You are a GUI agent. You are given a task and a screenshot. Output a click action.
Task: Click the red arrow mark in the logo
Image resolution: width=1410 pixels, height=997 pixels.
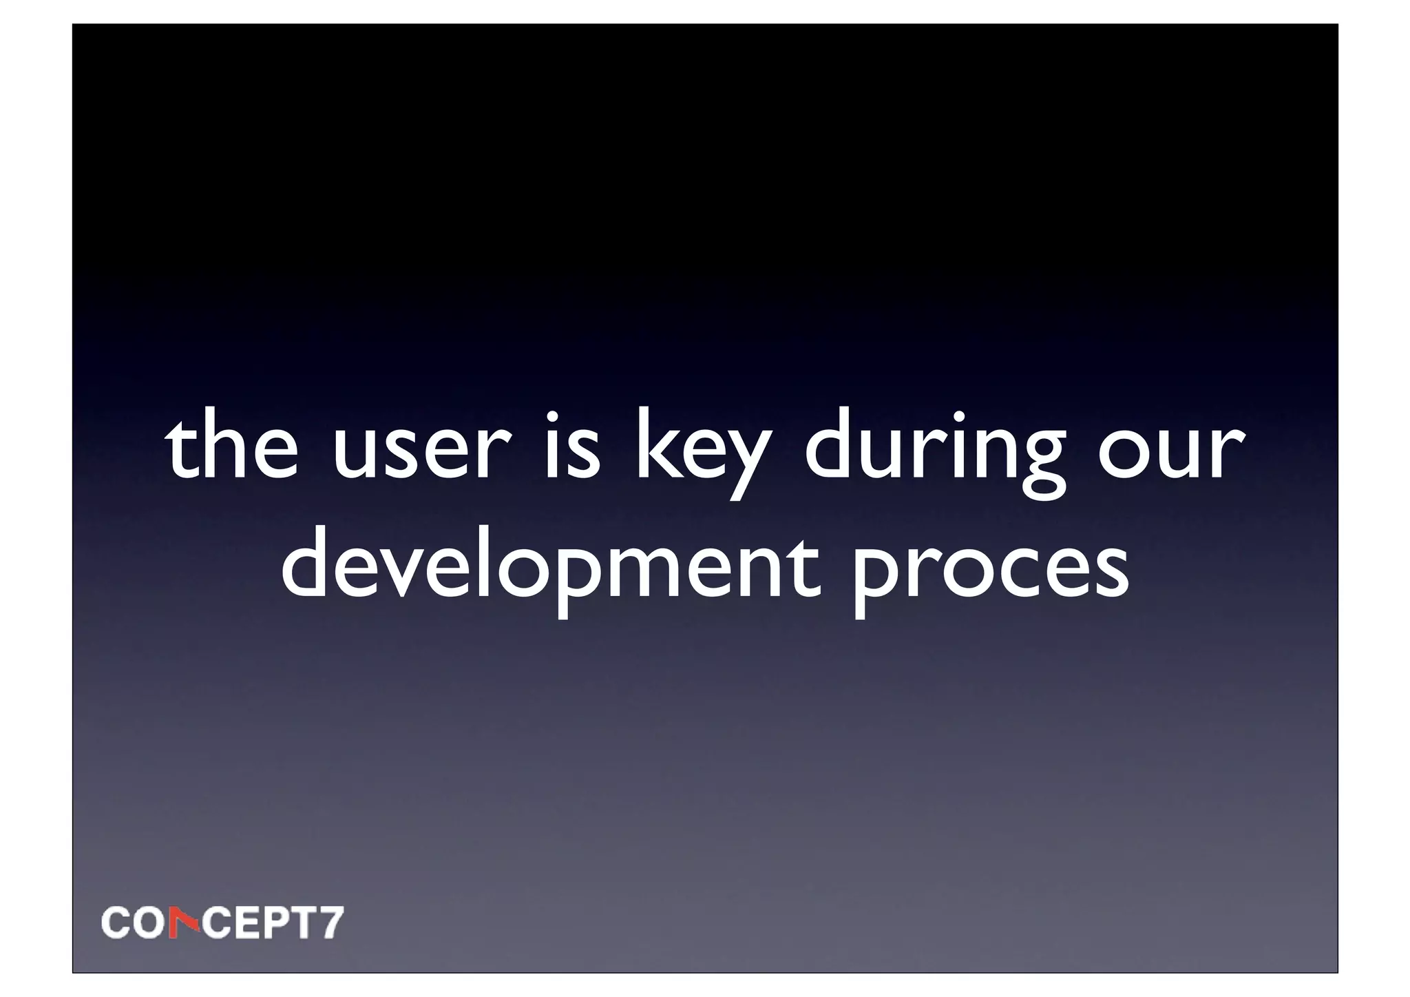pos(186,923)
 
